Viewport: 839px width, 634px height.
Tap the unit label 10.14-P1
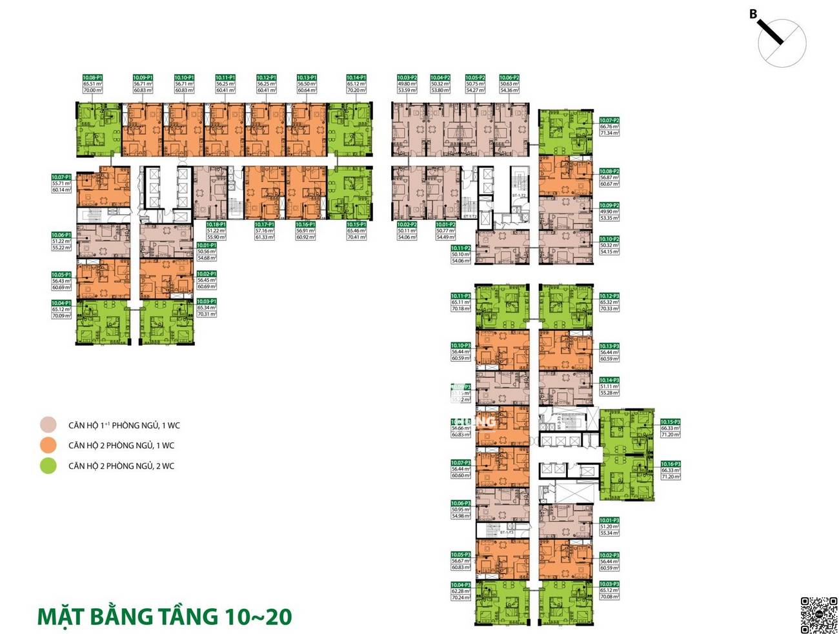356,77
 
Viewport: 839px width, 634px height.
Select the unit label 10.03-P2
407,77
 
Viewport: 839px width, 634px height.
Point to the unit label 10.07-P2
609,121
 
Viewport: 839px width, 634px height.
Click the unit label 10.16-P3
671,464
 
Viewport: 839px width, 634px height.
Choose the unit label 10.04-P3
461,585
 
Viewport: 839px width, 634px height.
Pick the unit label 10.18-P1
216,224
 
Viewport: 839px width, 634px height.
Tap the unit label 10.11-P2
461,248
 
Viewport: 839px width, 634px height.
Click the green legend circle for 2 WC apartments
48,466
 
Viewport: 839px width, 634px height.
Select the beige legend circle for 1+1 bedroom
48,425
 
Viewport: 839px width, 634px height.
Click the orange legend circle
48,445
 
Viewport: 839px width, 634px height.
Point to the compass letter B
753,14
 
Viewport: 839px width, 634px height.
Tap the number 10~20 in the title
258,616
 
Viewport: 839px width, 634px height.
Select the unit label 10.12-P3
609,296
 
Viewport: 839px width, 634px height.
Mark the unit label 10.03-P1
207,301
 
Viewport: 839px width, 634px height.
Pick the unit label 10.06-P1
61,235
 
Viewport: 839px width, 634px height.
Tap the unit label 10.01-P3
609,520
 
